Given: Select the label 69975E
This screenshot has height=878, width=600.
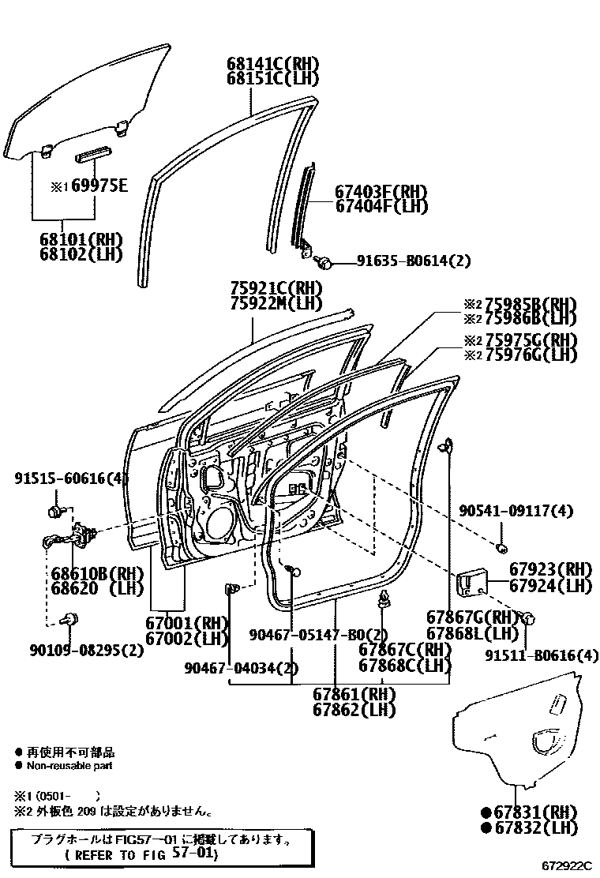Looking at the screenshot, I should coord(94,186).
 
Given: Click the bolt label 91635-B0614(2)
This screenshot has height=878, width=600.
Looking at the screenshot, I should coord(414,261).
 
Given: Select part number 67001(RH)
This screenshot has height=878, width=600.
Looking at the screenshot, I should coord(186,623).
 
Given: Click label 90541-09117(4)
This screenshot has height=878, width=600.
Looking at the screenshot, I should coord(516,512).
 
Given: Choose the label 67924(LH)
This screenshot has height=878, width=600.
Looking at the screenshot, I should coord(550,586).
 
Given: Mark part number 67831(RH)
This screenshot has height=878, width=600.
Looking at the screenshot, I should coord(536,812).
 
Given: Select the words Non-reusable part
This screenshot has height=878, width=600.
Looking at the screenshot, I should coord(69,765).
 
